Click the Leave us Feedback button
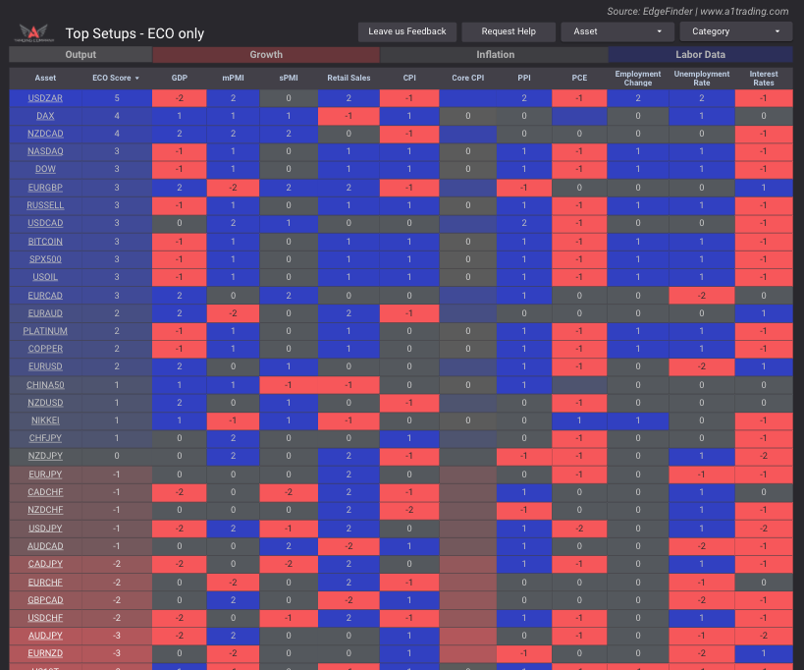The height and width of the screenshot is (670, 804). point(407,31)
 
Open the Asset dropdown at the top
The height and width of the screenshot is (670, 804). point(617,31)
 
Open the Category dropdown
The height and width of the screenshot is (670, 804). point(736,31)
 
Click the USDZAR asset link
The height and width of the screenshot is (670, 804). point(45,98)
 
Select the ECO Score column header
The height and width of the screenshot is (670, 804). point(116,78)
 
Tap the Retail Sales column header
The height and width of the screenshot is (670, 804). point(348,78)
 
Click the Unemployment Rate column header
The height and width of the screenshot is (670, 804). point(702,78)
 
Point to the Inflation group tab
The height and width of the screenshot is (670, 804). point(495,55)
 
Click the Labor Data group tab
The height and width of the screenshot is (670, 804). point(700,55)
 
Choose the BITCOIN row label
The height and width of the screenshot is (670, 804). point(45,241)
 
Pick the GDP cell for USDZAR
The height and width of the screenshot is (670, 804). point(179,98)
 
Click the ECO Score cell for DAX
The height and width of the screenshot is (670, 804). point(116,116)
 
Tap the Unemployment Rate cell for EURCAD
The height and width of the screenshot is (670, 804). point(702,295)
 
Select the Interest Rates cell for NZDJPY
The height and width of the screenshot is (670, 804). point(763,456)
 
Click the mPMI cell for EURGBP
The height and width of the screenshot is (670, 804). point(234,188)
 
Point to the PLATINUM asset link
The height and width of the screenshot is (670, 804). point(45,331)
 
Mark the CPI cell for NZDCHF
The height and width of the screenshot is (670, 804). point(408,510)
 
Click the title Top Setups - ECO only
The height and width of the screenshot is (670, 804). point(134,33)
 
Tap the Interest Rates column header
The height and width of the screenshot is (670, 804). point(763,78)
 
